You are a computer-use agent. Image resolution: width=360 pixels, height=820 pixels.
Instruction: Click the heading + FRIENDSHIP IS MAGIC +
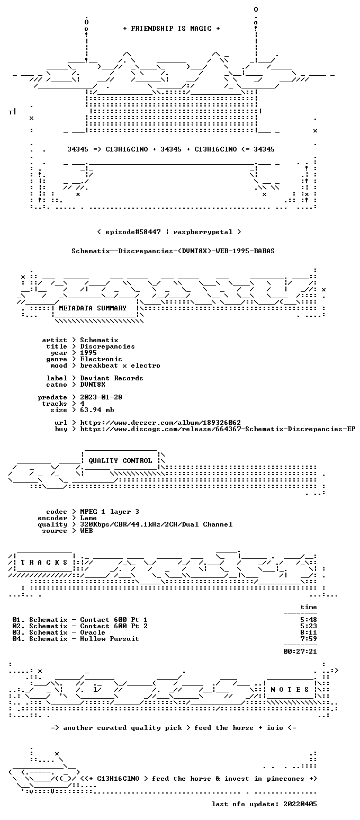pyautogui.click(x=172, y=29)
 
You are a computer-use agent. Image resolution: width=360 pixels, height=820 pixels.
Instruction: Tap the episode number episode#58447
pyautogui.click(x=133, y=232)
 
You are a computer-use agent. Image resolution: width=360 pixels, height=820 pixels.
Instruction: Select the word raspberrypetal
pyautogui.click(x=203, y=232)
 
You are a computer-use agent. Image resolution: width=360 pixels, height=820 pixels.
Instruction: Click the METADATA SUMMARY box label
pyautogui.click(x=93, y=308)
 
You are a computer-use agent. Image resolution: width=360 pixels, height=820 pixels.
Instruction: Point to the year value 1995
pyautogui.click(x=88, y=353)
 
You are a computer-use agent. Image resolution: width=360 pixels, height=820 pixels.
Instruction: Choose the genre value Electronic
pyautogui.click(x=101, y=359)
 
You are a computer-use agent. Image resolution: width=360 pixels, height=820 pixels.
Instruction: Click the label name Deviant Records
pyautogui.click(x=112, y=378)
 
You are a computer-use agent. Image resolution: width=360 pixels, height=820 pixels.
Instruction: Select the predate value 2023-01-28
pyautogui.click(x=101, y=397)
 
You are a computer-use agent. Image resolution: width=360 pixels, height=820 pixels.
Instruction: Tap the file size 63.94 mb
pyautogui.click(x=97, y=410)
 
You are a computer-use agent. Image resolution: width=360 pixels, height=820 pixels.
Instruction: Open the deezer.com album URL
pyautogui.click(x=160, y=423)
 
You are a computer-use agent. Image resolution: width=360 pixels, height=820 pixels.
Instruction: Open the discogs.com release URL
pyautogui.click(x=218, y=429)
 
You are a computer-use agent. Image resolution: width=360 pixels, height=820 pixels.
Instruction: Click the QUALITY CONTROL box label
pyautogui.click(x=120, y=461)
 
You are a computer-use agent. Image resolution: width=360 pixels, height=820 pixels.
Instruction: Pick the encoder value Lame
pyautogui.click(x=88, y=519)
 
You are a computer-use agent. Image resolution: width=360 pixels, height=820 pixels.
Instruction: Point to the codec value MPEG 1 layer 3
pyautogui.click(x=110, y=512)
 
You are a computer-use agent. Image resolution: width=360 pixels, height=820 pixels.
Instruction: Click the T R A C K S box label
pyautogui.click(x=44, y=562)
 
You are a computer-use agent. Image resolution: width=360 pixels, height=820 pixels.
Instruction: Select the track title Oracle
pyautogui.click(x=93, y=632)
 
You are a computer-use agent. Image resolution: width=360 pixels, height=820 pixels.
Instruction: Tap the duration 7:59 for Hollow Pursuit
pyautogui.click(x=309, y=639)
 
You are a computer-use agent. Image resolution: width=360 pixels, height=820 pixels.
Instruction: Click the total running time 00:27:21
pyautogui.click(x=300, y=652)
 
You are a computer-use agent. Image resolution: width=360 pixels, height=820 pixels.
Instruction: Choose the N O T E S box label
pyautogui.click(x=290, y=690)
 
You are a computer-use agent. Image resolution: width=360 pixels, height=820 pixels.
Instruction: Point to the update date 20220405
pyautogui.click(x=300, y=804)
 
